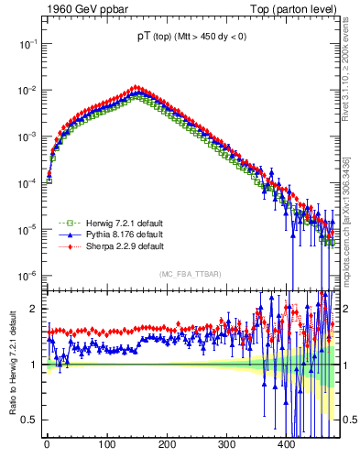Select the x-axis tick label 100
tap(107, 444)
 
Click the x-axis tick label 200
tap(167, 444)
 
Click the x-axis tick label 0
tap(48, 444)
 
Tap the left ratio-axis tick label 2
tap(34, 309)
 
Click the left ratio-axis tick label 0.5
tap(28, 420)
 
